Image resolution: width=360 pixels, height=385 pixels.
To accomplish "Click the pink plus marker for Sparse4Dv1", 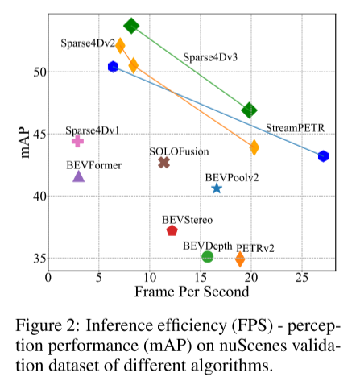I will (77, 141).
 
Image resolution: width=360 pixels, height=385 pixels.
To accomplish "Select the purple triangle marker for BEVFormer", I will (78, 176).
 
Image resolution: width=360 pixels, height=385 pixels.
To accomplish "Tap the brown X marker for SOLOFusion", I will (164, 163).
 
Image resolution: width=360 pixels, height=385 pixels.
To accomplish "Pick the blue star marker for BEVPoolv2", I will (217, 188).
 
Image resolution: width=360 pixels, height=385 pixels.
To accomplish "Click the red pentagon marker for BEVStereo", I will (172, 230).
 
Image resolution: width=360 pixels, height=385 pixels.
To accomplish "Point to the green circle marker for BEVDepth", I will (207, 256).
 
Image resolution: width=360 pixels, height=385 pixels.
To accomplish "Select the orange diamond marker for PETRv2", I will (240, 259).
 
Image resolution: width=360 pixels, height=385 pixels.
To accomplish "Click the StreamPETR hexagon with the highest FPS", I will (323, 156).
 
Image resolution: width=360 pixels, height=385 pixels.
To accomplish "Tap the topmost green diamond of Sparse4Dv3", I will (132, 26).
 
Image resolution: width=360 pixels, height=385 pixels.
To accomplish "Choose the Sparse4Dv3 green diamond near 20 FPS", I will (250, 110).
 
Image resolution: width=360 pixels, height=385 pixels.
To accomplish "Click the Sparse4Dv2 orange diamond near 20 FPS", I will (254, 147).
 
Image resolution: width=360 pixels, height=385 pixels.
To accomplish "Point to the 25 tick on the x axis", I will (300, 278).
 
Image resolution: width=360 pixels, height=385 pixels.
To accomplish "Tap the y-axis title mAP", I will (25, 141).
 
